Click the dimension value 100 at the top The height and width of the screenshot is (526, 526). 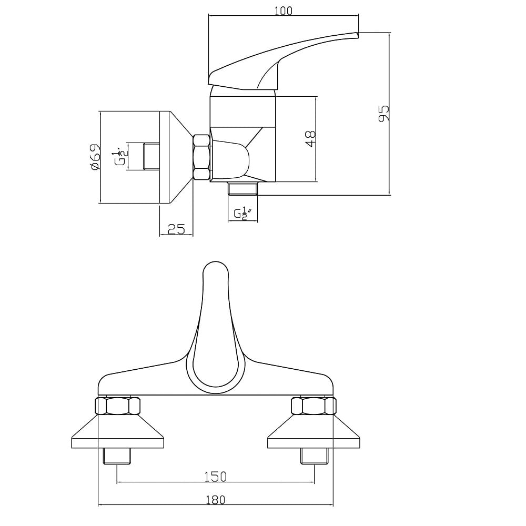[284, 11]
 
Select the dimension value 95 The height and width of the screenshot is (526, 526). [384, 114]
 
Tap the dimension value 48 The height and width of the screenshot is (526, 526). [311, 138]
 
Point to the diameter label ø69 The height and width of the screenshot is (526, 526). [95, 157]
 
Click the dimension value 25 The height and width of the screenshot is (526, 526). [176, 229]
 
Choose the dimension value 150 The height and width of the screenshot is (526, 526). [215, 477]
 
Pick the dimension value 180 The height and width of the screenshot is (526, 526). [215, 500]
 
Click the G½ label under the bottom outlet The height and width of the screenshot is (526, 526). [243, 214]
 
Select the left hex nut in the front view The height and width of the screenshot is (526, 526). [117, 406]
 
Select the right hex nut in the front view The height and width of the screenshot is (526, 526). [313, 406]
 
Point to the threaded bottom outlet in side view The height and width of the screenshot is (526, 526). [242, 188]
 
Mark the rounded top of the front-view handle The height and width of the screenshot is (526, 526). [216, 263]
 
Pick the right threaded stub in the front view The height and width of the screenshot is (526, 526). [315, 456]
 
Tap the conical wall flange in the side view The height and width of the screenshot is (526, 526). [176, 157]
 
